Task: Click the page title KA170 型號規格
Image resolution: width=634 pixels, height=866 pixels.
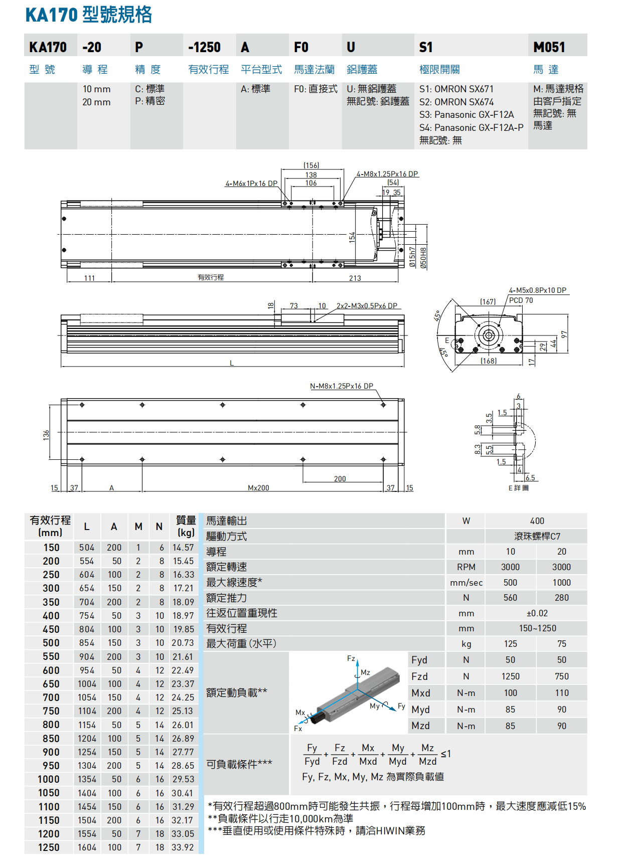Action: click(89, 15)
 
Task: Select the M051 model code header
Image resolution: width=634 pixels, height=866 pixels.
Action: click(549, 47)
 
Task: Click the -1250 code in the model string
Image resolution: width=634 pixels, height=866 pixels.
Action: click(204, 47)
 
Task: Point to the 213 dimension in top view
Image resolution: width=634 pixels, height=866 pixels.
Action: click(355, 278)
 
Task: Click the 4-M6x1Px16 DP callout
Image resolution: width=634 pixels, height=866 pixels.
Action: click(251, 184)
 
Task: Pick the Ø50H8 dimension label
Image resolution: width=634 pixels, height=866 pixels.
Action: click(423, 258)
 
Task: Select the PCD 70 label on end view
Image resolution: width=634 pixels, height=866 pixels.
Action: click(521, 300)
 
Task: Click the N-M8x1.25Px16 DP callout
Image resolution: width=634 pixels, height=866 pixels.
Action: click(341, 386)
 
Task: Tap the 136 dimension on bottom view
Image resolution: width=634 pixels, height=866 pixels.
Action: click(46, 435)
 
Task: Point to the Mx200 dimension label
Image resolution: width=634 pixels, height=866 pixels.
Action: click(258, 487)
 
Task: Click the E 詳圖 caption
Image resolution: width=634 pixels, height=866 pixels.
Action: click(518, 487)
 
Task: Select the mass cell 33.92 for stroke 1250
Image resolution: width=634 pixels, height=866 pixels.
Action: click(183, 847)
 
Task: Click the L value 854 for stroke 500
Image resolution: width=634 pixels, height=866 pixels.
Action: click(87, 643)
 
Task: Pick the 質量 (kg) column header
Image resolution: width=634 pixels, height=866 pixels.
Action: click(185, 526)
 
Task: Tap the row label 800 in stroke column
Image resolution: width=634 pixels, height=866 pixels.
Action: click(51, 725)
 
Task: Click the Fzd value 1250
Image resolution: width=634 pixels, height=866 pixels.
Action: click(510, 676)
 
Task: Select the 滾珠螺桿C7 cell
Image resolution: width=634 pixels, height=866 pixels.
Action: click(537, 536)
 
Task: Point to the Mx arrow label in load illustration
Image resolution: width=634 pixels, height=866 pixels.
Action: click(300, 712)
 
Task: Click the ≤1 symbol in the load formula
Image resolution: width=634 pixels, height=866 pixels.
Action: click(446, 754)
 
